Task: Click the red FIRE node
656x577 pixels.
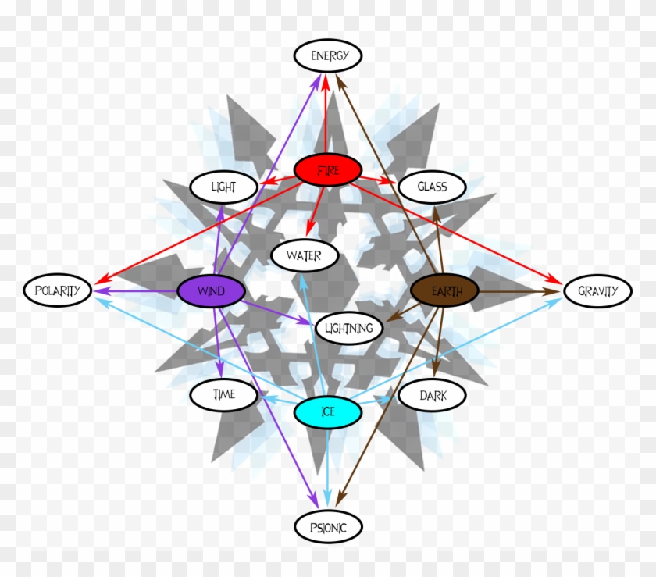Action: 328,170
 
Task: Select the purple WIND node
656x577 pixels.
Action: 212,290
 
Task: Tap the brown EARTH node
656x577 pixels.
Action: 444,290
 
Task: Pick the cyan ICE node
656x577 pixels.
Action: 328,411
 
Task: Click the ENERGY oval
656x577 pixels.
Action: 328,55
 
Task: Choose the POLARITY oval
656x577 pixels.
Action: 57,290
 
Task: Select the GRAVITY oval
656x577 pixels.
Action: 598,290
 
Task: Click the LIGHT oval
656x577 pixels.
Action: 224,187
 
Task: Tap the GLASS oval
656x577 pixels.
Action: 432,187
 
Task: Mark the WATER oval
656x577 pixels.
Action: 305,255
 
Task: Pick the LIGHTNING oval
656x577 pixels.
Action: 349,328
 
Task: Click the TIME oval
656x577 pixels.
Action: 224,394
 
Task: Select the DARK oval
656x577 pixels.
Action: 432,395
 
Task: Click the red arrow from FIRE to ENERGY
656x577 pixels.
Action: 326,113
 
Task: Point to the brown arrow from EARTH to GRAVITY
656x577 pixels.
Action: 519,291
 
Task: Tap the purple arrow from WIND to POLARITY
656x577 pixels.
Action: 135,290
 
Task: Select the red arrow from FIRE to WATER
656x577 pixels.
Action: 316,212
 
